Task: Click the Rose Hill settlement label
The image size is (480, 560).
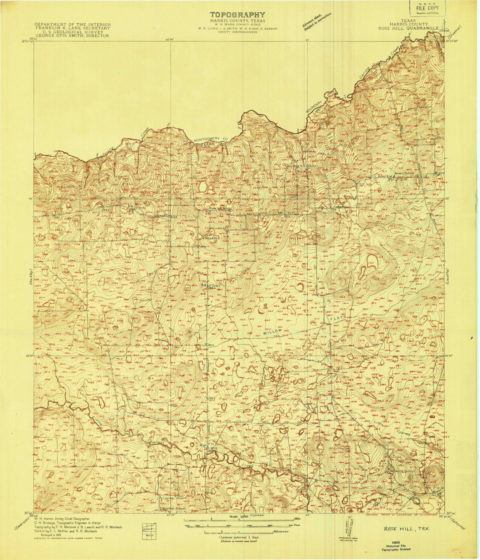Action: (212, 238)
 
